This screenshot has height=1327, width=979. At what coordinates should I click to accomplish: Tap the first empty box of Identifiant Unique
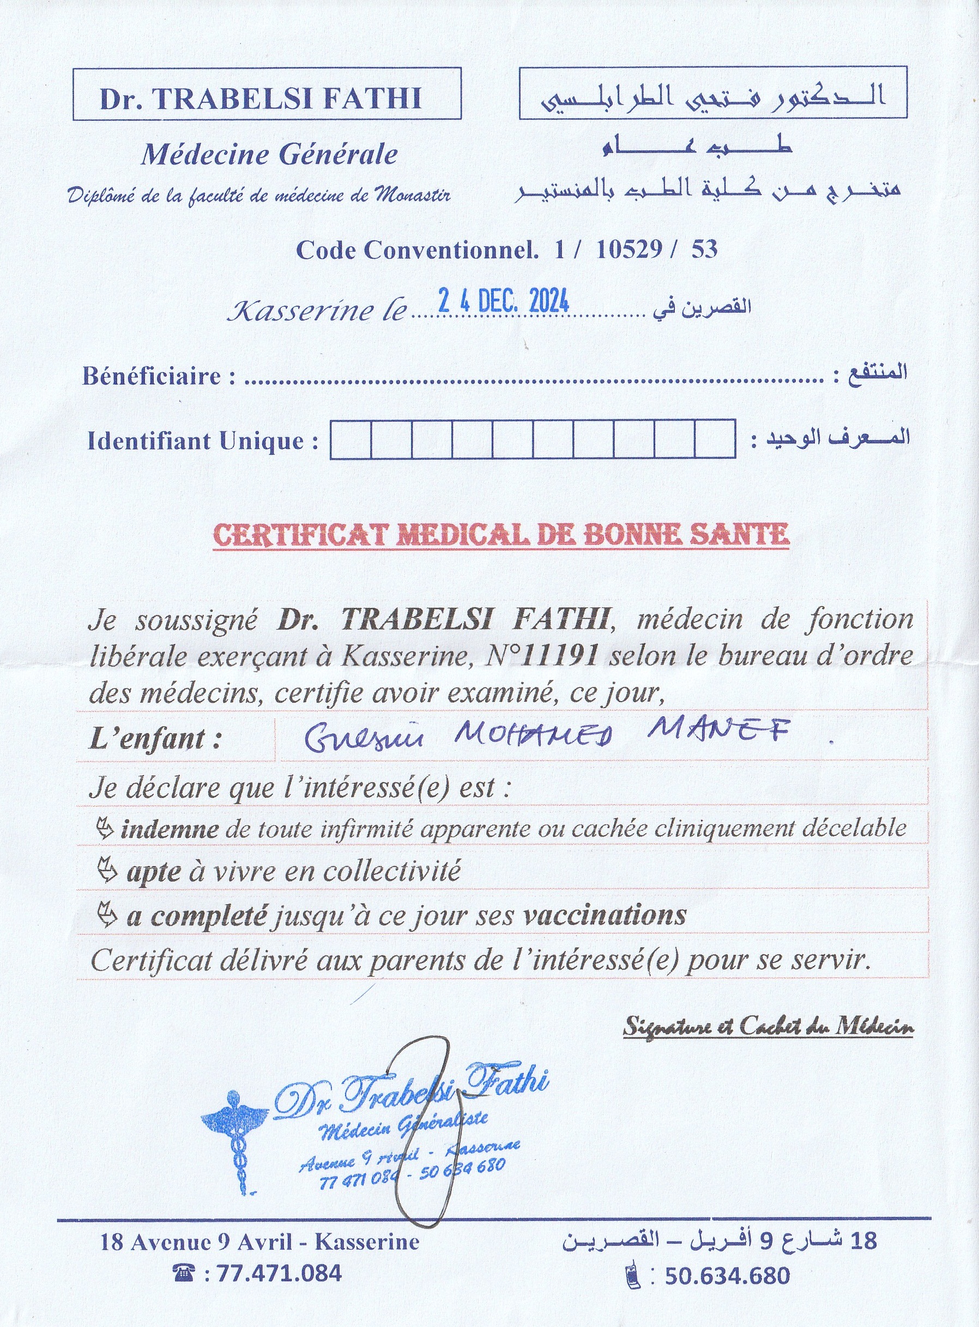coord(350,439)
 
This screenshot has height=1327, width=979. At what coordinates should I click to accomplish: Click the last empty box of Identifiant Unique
coord(715,439)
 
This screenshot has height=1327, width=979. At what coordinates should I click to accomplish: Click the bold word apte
coord(154,872)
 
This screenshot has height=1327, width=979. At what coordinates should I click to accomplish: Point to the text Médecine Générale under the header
coord(269,155)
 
